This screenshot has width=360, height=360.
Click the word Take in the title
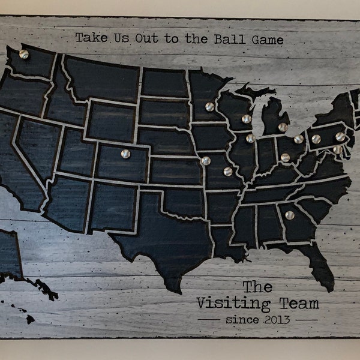[89, 38]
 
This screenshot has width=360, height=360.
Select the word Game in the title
[266, 40]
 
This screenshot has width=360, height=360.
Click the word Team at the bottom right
[299, 304]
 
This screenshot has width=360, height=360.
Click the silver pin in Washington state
[24, 54]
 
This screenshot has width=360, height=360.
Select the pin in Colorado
[125, 154]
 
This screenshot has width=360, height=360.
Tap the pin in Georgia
[290, 215]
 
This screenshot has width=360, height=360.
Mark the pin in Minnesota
[209, 107]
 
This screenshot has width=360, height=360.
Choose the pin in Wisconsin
[246, 119]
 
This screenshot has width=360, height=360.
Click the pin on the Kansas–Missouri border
[206, 161]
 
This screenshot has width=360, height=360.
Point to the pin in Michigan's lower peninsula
[283, 127]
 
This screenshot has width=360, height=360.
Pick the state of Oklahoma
[180, 201]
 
